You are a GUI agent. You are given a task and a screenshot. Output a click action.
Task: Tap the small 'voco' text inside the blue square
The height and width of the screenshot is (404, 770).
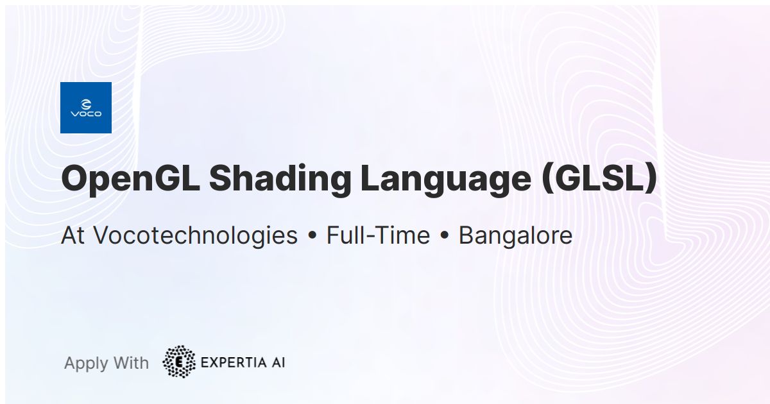(x=85, y=114)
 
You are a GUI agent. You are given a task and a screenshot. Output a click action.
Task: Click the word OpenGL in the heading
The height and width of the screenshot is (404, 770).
(x=129, y=179)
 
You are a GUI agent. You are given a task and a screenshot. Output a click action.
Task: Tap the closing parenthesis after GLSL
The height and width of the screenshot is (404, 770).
(x=651, y=179)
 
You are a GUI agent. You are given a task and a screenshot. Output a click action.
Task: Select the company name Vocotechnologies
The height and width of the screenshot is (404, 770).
(x=196, y=236)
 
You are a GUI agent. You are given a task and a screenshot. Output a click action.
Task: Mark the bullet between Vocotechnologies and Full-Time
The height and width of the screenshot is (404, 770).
(x=312, y=237)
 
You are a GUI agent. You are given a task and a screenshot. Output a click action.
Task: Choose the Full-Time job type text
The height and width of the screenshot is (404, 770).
(x=378, y=236)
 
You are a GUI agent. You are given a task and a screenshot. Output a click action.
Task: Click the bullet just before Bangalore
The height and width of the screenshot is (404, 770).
(x=444, y=237)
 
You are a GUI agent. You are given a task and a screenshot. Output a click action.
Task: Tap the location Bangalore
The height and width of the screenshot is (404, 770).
(x=515, y=236)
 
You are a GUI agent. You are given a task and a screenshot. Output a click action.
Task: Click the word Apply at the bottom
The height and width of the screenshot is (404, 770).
(x=85, y=364)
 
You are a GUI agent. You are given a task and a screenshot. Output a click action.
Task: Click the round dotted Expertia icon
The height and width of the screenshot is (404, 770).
(x=179, y=362)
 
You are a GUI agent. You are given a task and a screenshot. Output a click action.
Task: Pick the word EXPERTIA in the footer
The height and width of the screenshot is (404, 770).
(x=234, y=362)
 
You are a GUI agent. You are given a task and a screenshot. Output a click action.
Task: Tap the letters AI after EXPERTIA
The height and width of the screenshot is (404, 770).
(x=277, y=362)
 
